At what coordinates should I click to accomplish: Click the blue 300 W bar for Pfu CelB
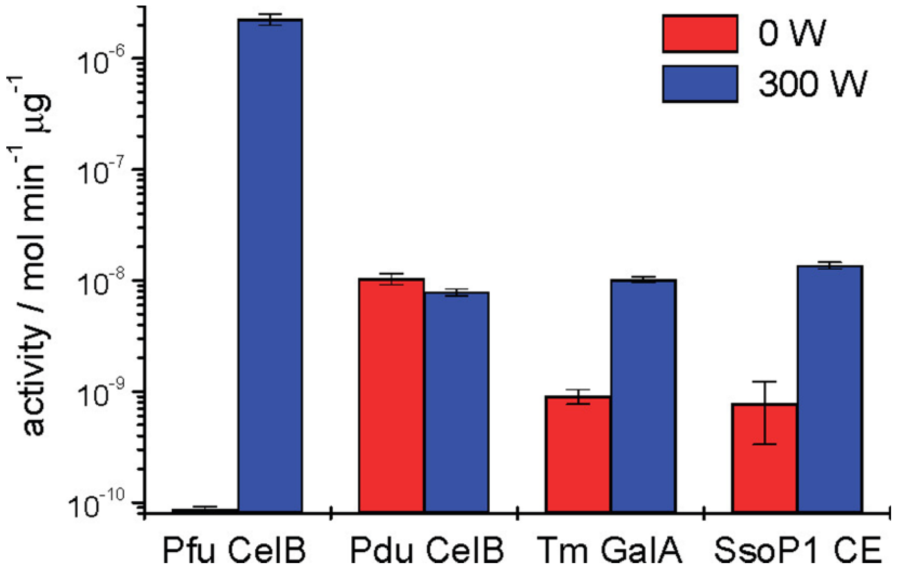[270, 266]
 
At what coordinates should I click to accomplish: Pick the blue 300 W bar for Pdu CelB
[456, 402]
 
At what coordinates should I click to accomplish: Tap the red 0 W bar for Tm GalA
[578, 454]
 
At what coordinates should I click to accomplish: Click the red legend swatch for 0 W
[700, 34]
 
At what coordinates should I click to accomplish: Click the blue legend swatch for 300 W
[700, 84]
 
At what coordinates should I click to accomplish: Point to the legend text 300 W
[813, 84]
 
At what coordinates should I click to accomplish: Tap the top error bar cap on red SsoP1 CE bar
[765, 381]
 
